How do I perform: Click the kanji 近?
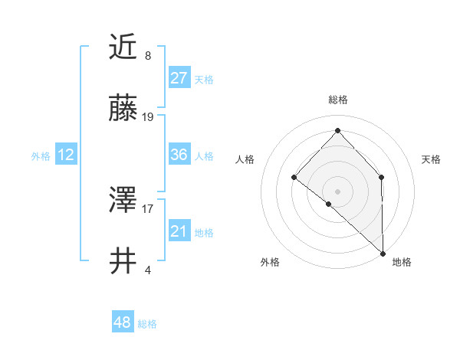124,48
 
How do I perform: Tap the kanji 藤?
124,110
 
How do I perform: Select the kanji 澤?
124,201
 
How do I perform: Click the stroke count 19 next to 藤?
148,117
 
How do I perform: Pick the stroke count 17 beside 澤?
148,208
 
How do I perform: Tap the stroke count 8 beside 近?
148,55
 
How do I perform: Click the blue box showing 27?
179,78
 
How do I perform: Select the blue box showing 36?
179,155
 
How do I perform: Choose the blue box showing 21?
179,231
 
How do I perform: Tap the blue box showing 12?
66,155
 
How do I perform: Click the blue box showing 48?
123,322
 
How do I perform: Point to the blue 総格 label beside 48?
147,324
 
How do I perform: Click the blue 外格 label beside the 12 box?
41,156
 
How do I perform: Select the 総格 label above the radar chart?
338,100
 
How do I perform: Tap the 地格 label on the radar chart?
402,262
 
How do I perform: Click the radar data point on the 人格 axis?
294,177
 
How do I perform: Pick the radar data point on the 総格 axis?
337,131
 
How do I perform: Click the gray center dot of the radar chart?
337,191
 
